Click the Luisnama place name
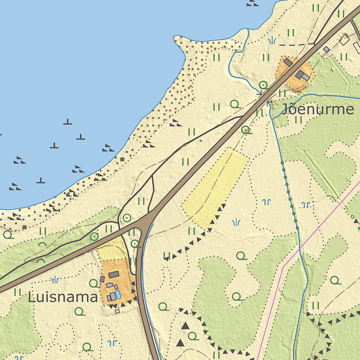[x=63, y=297]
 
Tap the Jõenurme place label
[x=317, y=110]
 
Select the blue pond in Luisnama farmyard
[x=118, y=295]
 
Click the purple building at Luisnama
[x=102, y=279]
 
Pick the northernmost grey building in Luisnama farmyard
[x=114, y=275]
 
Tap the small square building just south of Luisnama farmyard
[x=117, y=311]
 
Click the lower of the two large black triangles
[x=180, y=342]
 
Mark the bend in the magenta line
[x=283, y=266]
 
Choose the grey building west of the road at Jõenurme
[x=288, y=62]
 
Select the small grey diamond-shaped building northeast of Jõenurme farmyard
[x=326, y=50]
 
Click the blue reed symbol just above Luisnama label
[x=55, y=280]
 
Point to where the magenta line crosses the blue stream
[x=300, y=250]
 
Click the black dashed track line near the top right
[x=295, y=45]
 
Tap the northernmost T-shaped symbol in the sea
[x=68, y=122]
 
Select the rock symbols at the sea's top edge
[x=252, y=3]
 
